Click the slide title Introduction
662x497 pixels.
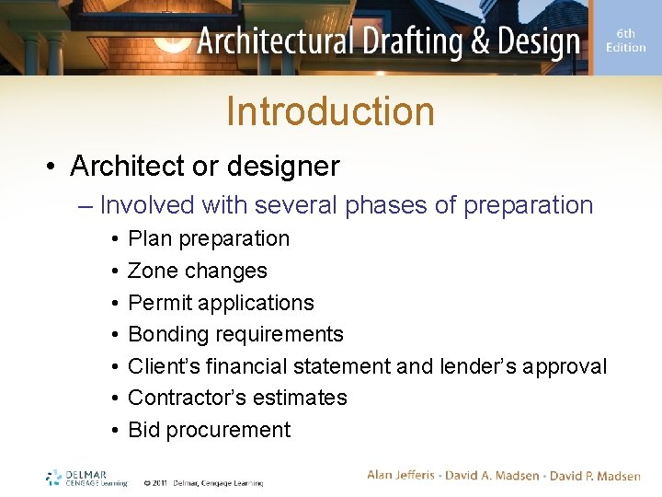[x=330, y=111]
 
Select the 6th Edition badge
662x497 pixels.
[x=625, y=40]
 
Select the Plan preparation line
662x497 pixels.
[x=209, y=238]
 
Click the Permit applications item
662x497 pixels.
[x=221, y=303]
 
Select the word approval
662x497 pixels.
[x=571, y=366]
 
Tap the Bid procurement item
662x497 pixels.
[x=209, y=430]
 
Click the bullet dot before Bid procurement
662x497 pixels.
[x=111, y=431]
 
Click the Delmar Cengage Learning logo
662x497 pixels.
[x=87, y=478]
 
